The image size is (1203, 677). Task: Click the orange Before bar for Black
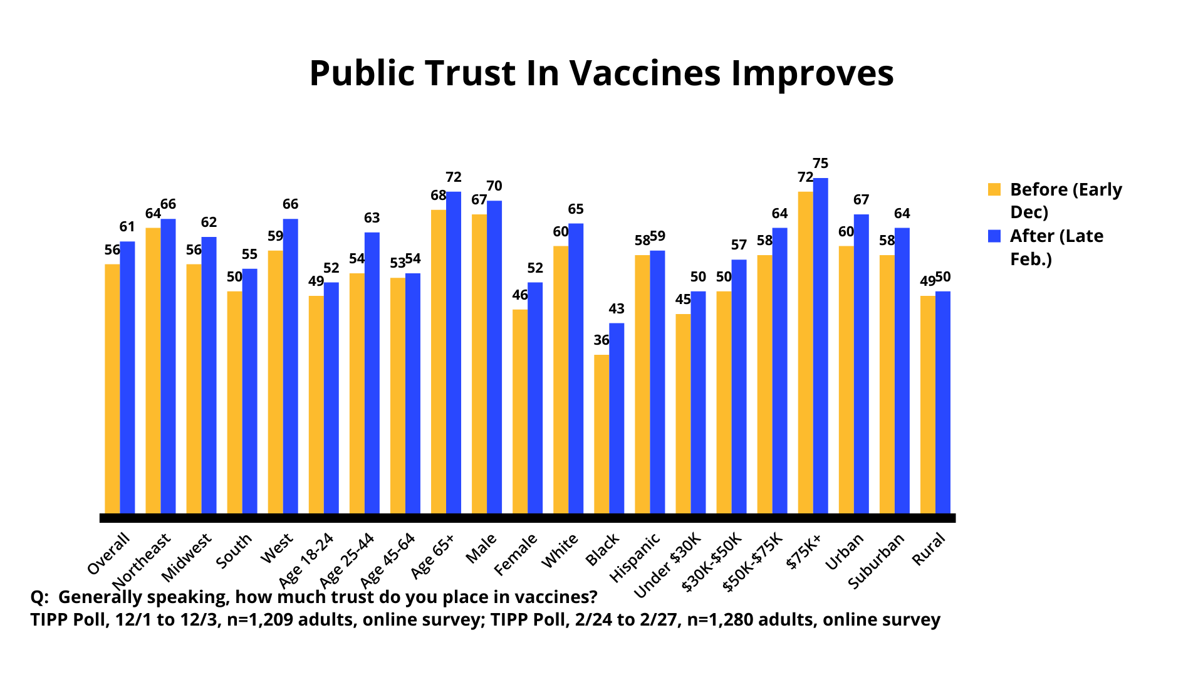point(601,434)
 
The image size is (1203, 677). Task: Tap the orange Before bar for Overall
point(112,389)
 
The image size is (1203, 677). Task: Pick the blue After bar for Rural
point(943,402)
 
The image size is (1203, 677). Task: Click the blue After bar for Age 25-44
point(372,373)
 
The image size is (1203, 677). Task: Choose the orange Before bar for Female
point(520,412)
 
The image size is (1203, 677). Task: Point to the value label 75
point(821,164)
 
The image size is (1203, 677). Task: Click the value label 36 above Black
point(601,340)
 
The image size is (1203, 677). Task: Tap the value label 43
point(617,308)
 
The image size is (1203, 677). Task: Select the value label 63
point(372,218)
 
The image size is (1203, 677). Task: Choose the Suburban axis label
point(876,560)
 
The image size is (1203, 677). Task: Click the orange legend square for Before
point(994,189)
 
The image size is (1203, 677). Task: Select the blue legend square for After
point(994,236)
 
